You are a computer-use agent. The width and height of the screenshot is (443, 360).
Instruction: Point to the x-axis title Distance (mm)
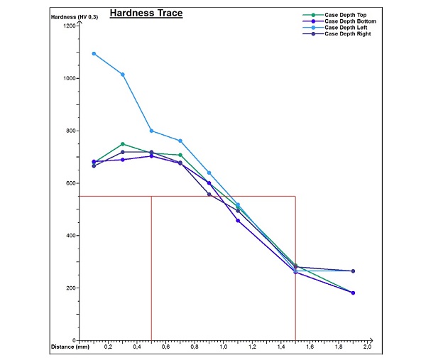tap(70, 347)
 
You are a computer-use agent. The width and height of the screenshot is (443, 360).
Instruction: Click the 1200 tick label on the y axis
tap(69, 26)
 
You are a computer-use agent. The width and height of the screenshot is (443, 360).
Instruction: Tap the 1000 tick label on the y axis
tap(69, 78)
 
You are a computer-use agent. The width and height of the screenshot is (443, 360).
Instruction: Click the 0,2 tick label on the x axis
tap(109, 347)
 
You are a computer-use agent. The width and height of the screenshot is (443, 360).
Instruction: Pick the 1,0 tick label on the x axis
tap(224, 347)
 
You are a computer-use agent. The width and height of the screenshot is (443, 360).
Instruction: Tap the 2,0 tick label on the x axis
tap(367, 347)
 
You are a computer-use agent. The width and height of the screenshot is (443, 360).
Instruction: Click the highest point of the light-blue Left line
tap(94, 53)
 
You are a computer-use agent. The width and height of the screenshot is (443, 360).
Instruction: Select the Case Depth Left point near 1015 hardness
tap(123, 75)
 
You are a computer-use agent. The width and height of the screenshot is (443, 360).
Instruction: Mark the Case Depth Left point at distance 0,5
tap(151, 131)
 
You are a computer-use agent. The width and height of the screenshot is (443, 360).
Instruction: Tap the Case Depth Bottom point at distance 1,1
tap(238, 220)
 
